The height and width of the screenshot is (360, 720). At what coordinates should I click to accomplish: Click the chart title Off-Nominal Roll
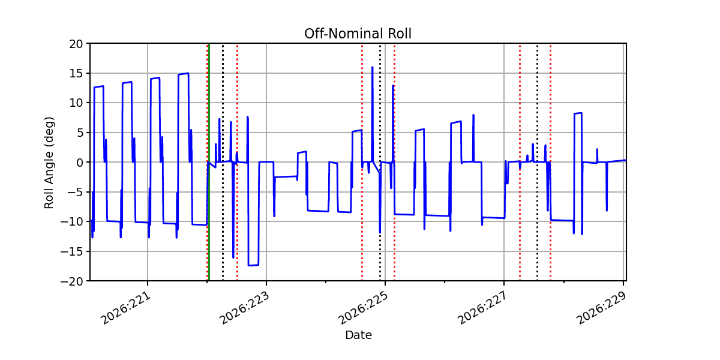click(x=358, y=34)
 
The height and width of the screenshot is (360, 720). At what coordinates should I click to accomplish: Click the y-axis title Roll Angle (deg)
click(x=49, y=163)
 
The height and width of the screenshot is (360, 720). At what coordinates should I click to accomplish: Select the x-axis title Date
click(x=358, y=335)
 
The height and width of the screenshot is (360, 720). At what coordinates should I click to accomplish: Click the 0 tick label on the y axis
click(x=80, y=163)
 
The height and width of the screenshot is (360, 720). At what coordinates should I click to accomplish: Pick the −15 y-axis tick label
click(x=71, y=251)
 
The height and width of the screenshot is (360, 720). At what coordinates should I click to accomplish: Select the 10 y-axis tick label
click(x=76, y=103)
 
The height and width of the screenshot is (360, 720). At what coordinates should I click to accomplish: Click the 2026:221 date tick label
click(x=125, y=308)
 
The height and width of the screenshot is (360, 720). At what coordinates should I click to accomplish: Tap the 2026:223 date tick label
click(x=244, y=308)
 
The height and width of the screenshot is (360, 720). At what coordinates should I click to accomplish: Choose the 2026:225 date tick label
click(x=363, y=308)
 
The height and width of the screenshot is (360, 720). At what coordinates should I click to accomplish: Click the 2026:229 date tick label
click(x=601, y=308)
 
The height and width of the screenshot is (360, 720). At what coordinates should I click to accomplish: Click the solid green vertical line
click(x=209, y=162)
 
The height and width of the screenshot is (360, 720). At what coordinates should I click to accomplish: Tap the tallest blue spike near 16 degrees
click(x=372, y=67)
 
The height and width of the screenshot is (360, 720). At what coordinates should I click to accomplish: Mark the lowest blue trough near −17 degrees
click(x=253, y=265)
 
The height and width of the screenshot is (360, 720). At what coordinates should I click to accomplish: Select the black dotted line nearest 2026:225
click(x=380, y=162)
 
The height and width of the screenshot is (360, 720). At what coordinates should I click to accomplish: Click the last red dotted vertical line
click(x=550, y=162)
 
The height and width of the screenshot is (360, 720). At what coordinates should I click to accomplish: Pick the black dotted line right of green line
click(x=223, y=162)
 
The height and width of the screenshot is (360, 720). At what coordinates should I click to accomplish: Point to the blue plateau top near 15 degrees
click(x=183, y=74)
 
